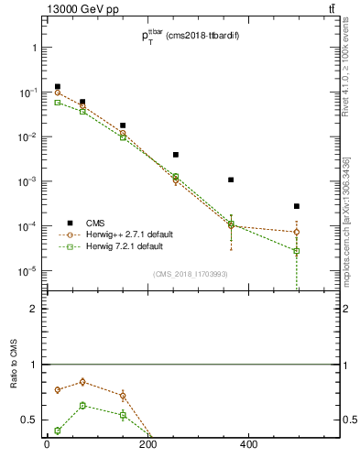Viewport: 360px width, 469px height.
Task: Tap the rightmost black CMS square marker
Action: (x=296, y=206)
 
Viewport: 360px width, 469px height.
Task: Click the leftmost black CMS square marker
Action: (x=58, y=87)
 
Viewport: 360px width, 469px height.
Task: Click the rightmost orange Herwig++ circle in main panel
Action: (x=296, y=232)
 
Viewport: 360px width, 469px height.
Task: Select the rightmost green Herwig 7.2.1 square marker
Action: (x=296, y=251)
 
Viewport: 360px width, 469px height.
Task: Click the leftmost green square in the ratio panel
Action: (x=58, y=431)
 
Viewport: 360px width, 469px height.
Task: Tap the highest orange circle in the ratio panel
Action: (x=83, y=382)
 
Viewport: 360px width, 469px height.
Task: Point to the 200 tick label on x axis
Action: (x=148, y=446)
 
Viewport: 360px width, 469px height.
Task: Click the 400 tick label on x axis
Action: (x=249, y=446)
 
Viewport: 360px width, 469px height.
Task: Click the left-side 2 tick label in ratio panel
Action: (x=34, y=309)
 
